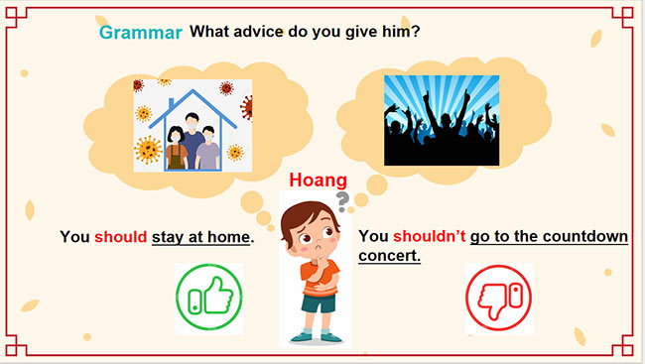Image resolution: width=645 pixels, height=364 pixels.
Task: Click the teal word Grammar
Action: (140, 32)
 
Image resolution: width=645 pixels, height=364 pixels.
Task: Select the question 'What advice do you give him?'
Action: (305, 31)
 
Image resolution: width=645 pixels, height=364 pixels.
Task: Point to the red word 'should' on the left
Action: (120, 237)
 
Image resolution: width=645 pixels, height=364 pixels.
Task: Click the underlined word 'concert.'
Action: (389, 256)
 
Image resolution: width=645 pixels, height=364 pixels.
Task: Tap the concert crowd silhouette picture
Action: (442, 120)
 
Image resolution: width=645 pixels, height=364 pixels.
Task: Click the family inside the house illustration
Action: (193, 142)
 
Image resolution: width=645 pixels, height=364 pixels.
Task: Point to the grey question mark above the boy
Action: (343, 203)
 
